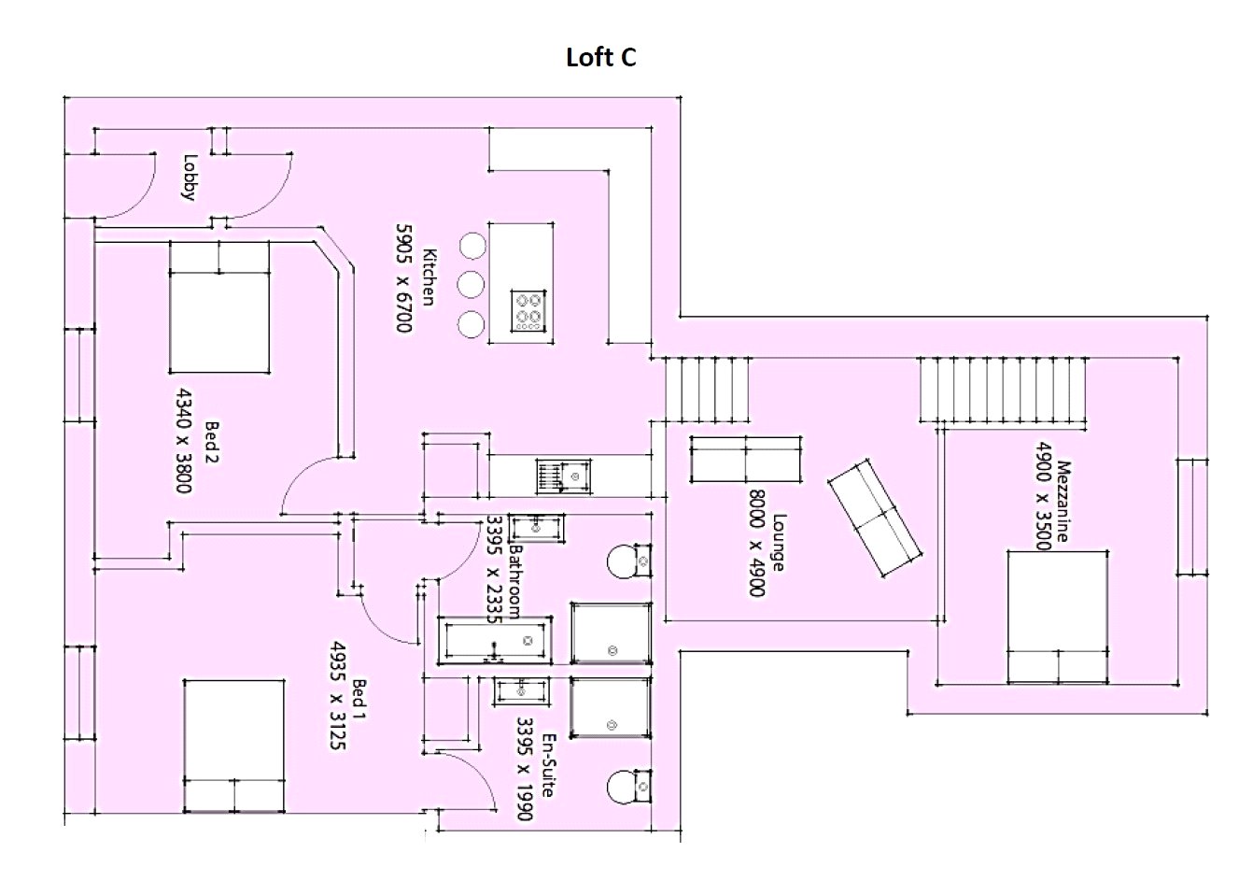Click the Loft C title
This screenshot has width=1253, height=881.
click(601, 58)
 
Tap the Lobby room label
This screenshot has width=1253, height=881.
click(190, 177)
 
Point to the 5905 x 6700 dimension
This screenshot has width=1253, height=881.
click(403, 277)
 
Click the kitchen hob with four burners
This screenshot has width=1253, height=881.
click(529, 311)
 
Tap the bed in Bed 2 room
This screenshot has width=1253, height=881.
click(219, 306)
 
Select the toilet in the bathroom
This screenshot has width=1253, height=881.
click(627, 562)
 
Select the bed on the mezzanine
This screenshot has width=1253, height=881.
click(1057, 617)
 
